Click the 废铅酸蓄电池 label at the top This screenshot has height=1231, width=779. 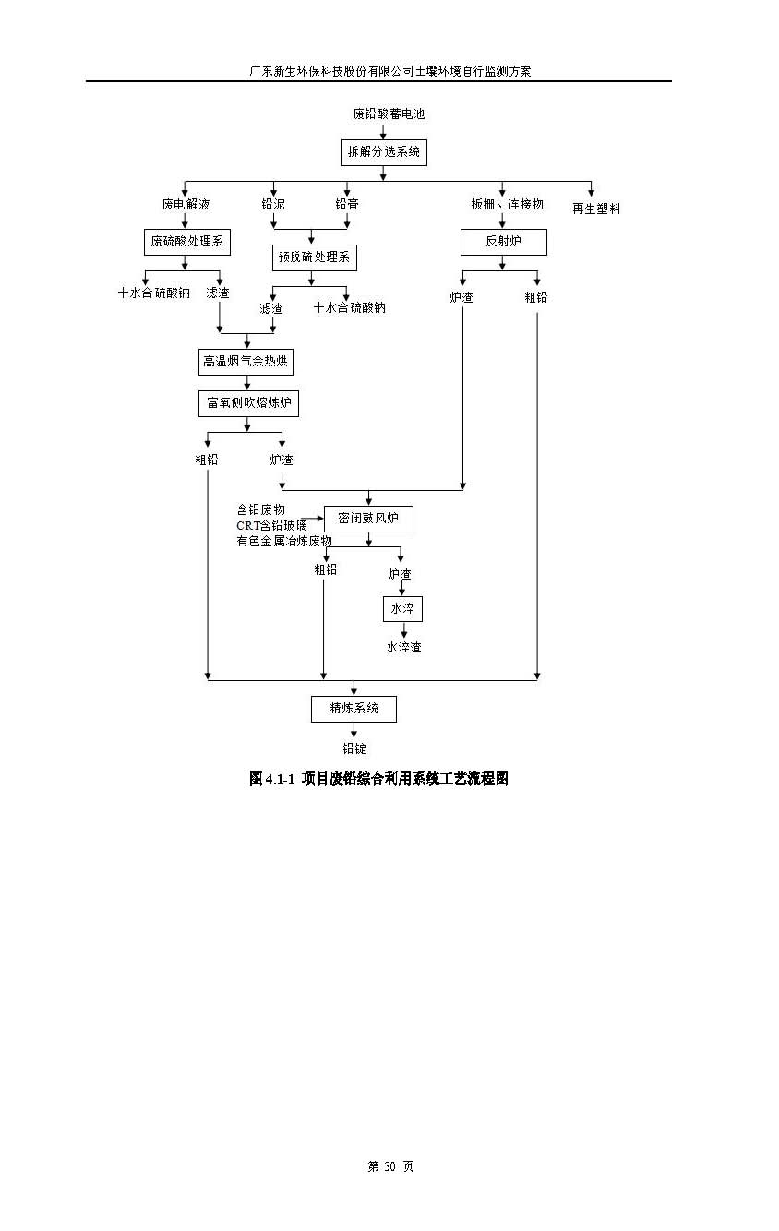click(x=389, y=114)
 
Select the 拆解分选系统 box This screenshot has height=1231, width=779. click(x=383, y=151)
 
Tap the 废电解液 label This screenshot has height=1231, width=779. click(x=186, y=204)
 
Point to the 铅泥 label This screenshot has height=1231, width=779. click(x=273, y=204)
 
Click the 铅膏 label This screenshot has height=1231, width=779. click(x=347, y=204)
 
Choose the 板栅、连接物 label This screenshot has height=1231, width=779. click(x=507, y=204)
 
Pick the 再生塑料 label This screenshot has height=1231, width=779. click(x=596, y=209)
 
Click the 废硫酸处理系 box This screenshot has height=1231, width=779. click(x=186, y=242)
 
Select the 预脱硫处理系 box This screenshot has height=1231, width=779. click(x=314, y=257)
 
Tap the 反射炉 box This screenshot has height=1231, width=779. click(x=503, y=242)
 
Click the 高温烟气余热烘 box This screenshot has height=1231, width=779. click(x=246, y=361)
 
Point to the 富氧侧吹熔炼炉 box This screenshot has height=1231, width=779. click(x=248, y=403)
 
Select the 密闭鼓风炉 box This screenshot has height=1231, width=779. click(x=368, y=519)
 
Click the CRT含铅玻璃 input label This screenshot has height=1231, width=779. click(x=271, y=525)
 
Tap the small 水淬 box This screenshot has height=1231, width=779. click(x=402, y=609)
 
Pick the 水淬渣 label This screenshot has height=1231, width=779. click(x=403, y=647)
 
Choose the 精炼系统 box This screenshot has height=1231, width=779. click(x=354, y=709)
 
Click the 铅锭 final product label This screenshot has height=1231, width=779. click(x=354, y=748)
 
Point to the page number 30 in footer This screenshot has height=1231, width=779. click(x=389, y=1166)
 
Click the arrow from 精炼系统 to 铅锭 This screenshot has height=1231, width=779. click(x=354, y=730)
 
